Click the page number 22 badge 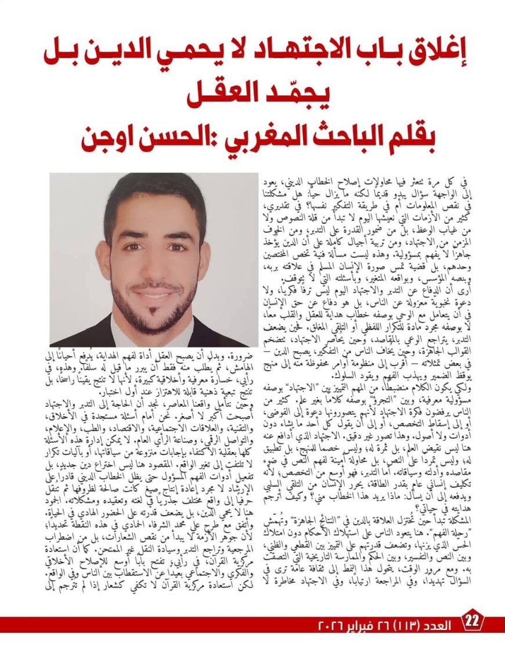(x=472, y=621)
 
